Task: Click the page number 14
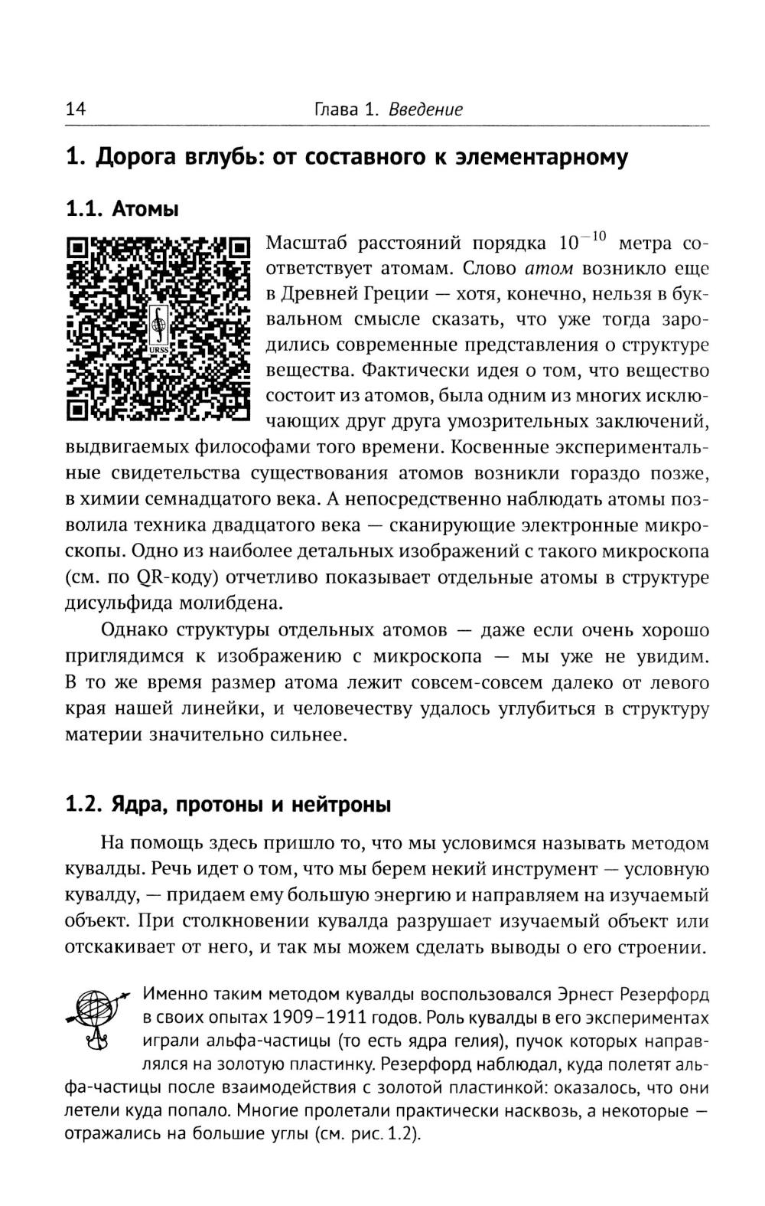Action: [x=76, y=109]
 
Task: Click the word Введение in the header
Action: [x=425, y=109]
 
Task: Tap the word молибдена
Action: [x=220, y=603]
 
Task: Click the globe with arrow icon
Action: [x=96, y=1018]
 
